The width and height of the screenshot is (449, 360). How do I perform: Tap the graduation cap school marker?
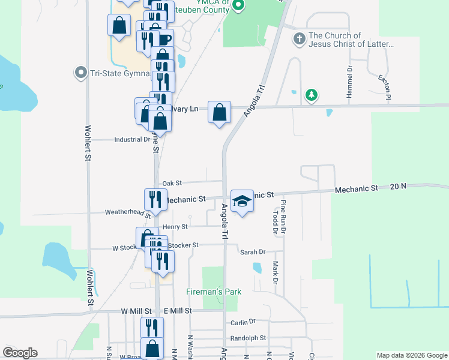241,202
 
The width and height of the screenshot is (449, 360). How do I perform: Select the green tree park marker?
311,95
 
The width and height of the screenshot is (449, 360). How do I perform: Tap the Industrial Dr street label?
132,139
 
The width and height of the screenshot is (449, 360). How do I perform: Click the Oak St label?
172,183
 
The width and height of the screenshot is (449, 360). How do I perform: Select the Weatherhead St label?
127,212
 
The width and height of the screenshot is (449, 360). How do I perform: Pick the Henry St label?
175,227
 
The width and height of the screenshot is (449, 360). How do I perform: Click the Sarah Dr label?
253,253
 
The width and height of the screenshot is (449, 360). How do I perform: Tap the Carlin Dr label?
243,323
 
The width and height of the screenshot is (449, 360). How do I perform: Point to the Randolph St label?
248,338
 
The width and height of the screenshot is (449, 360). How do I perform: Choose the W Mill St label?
134,311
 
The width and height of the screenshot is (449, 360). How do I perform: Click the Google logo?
20,353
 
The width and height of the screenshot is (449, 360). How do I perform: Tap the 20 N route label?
398,187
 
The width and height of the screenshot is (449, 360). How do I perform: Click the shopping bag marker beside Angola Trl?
220,112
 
